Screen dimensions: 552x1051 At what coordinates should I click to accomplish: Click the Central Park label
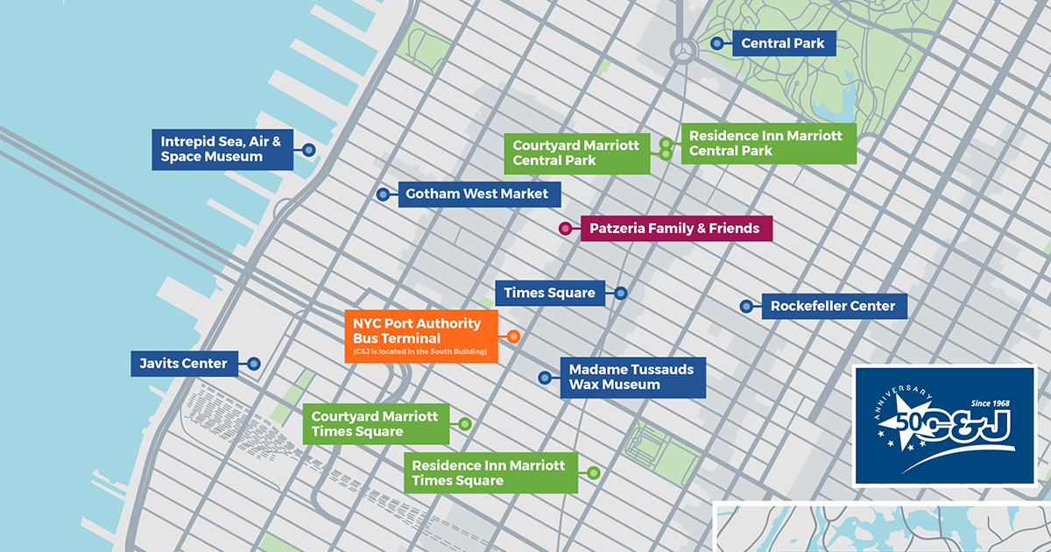(x=782, y=43)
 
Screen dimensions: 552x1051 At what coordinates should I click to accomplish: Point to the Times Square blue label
(x=550, y=293)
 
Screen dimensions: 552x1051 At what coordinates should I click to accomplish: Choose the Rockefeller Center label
(x=833, y=307)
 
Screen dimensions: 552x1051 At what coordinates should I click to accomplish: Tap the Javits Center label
(x=184, y=363)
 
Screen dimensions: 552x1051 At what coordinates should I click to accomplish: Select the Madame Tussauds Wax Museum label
(x=631, y=377)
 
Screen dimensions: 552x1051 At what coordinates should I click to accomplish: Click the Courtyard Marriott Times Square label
(x=376, y=424)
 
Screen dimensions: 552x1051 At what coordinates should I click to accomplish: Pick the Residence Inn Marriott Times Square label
(x=490, y=473)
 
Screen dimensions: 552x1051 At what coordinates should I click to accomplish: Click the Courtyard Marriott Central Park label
(x=576, y=152)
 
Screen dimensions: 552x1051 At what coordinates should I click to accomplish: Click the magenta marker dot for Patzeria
(x=566, y=229)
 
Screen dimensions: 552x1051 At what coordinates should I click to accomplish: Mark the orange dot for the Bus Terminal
(x=514, y=336)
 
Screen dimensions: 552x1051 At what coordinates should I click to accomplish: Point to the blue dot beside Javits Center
(x=254, y=363)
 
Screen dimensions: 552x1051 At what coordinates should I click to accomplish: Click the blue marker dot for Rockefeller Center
(x=746, y=307)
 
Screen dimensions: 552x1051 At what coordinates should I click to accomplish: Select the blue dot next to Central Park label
(x=716, y=43)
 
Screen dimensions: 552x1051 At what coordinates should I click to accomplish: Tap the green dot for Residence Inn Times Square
(x=594, y=473)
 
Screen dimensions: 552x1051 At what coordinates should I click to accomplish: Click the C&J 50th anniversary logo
(x=945, y=425)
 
